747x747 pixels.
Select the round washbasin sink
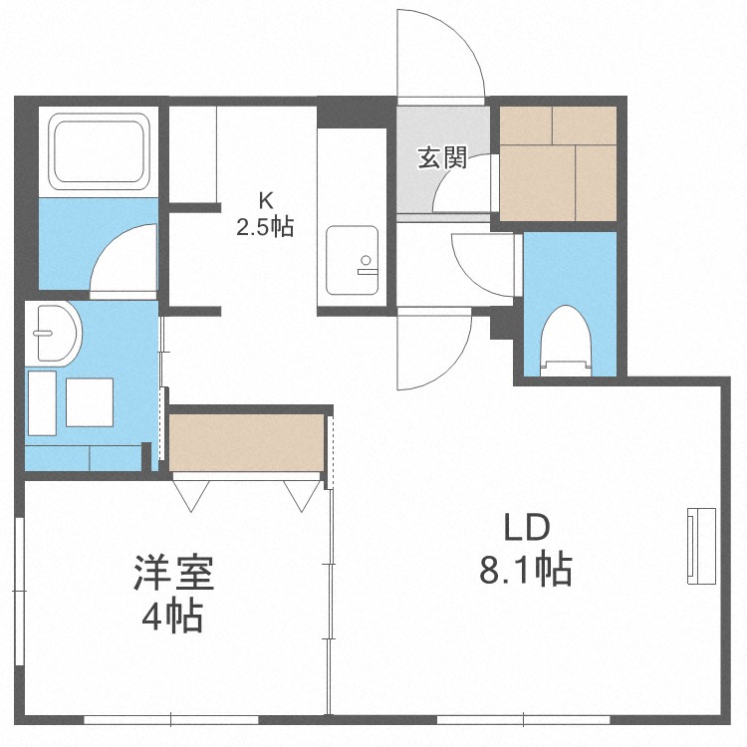pos(54,332)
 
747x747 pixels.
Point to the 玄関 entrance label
pos(442,157)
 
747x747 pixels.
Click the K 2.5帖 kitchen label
pos(265,214)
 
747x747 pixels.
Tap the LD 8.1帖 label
pos(526,549)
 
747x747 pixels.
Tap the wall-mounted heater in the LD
pos(702,546)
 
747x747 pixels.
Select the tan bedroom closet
pos(247,443)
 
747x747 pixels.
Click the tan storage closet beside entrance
pos(559,164)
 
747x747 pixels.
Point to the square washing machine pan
pos(90,402)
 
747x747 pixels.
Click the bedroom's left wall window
pos(20,591)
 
